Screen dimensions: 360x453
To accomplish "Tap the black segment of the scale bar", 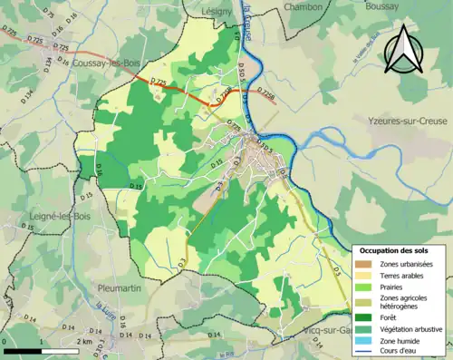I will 22,351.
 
